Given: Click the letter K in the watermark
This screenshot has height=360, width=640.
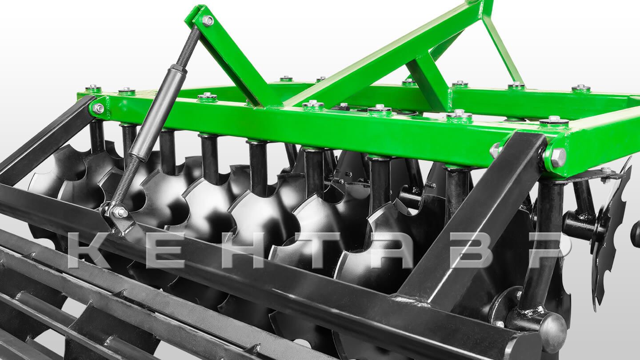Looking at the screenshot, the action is click(89, 250).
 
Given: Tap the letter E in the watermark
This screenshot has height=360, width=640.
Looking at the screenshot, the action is click(165, 250).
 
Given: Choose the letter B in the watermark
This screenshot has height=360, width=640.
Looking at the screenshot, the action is click(472, 250).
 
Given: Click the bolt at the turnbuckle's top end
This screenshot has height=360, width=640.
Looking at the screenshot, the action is click(208, 20).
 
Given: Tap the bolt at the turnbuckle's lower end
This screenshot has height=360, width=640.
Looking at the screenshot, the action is click(120, 212).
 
